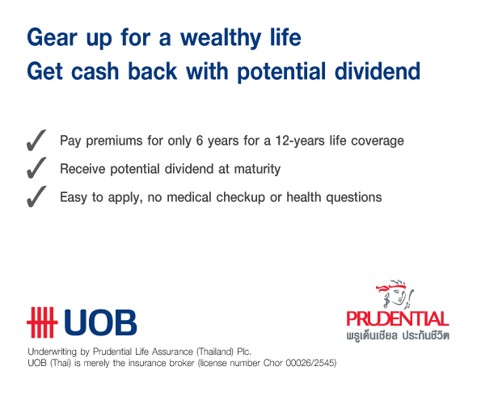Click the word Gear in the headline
click(52, 37)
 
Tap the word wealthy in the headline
click(221, 38)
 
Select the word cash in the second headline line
click(95, 71)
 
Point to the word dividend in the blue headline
click(378, 71)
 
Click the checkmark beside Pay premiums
click(36, 140)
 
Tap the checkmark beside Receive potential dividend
click(36, 167)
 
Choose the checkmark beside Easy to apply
click(36, 196)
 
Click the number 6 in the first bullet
click(200, 141)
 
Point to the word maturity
click(257, 169)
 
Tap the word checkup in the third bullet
click(241, 198)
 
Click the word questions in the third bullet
click(354, 198)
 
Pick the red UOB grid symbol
click(42, 322)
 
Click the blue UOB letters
click(100, 322)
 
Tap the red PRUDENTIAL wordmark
click(398, 318)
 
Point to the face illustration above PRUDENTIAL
click(395, 293)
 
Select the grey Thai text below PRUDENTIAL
click(398, 335)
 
